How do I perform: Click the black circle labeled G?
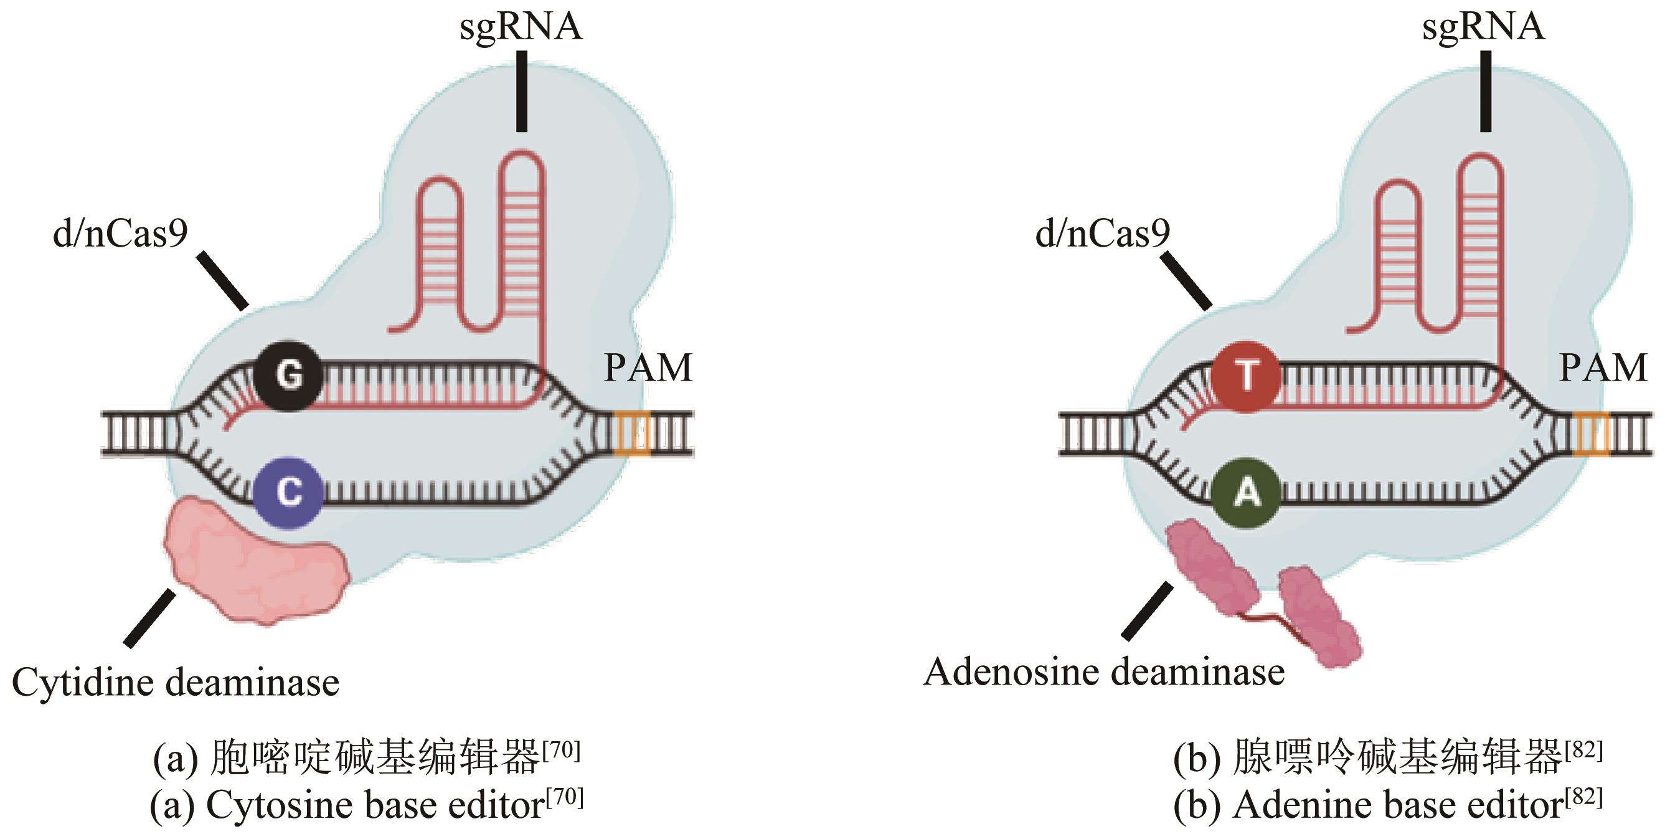(288, 376)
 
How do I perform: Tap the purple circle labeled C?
(288, 493)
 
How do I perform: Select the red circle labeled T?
(1245, 376)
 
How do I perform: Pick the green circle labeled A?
(1245, 493)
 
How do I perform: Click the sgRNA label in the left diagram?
(521, 27)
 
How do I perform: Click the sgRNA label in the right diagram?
(1483, 27)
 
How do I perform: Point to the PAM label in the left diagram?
(648, 369)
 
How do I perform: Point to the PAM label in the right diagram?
(1603, 369)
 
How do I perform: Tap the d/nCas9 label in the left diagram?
(120, 234)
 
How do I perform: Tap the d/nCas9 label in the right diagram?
(1103, 234)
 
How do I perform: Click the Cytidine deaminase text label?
(176, 683)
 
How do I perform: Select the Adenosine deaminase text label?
(1104, 672)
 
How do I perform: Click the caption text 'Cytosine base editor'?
(375, 805)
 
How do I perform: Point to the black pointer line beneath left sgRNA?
(522, 91)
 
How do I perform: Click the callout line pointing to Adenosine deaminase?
(1148, 611)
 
